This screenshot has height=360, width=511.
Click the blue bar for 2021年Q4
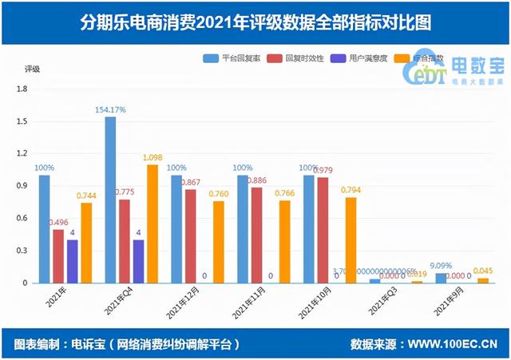point(110,200)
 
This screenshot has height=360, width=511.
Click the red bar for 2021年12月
point(189,235)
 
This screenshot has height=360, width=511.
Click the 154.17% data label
point(110,109)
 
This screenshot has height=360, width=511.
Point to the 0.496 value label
point(57,223)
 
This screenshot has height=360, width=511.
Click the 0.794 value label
point(352,190)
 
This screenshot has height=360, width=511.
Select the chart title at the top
point(255,22)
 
